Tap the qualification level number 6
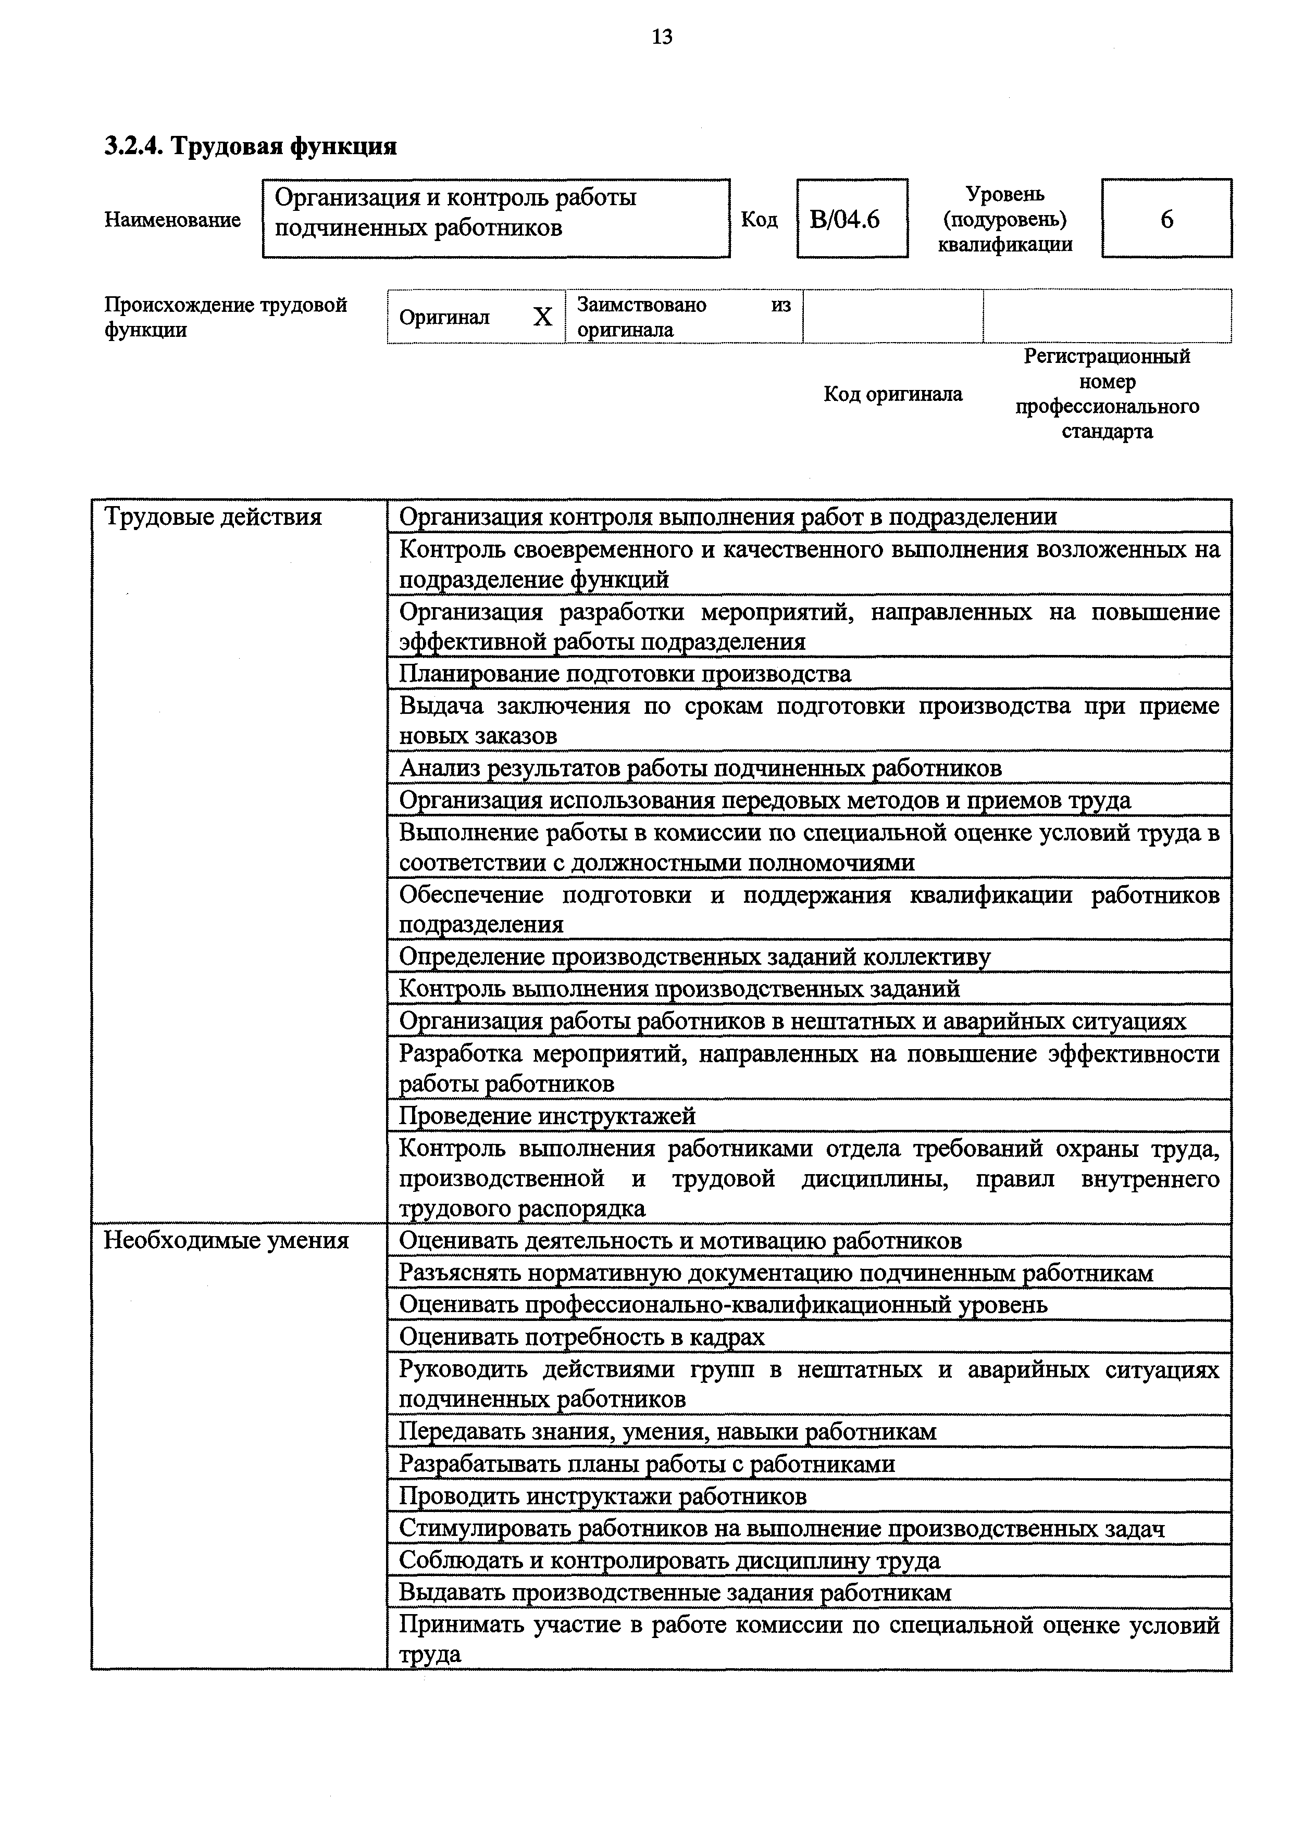1166,220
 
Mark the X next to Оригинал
542,317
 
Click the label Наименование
172,220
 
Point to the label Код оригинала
892,394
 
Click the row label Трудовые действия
213,518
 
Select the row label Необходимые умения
227,1241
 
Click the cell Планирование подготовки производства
625,674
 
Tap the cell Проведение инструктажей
548,1116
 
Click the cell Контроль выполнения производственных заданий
679,989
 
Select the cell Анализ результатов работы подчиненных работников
700,769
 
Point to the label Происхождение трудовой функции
226,317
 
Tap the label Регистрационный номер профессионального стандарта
1107,394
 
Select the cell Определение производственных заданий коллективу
694,957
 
